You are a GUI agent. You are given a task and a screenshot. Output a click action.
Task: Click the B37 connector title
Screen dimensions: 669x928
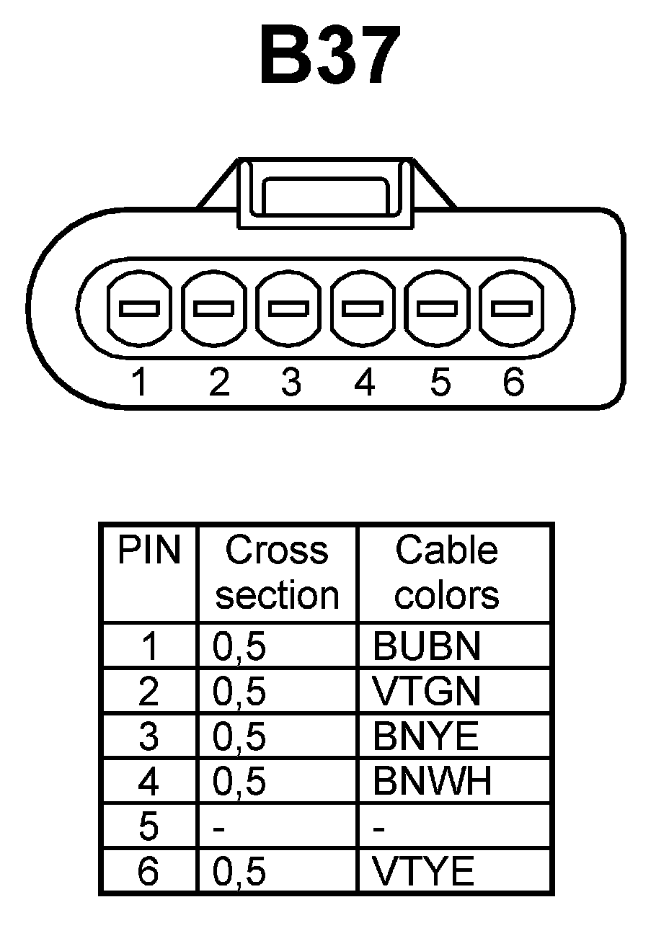pos(329,55)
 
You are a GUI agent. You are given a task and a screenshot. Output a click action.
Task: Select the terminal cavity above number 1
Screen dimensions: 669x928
pos(139,308)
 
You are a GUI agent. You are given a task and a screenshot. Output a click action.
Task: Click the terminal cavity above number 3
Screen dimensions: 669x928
pos(289,308)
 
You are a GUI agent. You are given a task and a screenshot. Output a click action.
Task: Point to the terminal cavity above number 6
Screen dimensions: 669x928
pos(512,308)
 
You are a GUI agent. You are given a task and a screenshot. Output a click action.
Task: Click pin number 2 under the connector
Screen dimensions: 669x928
pos(218,382)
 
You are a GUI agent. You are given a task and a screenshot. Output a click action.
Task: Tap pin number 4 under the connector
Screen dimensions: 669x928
pos(365,382)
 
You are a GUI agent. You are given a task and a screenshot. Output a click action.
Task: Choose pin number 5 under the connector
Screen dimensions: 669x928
pos(439,382)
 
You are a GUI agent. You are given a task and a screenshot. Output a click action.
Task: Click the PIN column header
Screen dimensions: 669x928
pos(149,551)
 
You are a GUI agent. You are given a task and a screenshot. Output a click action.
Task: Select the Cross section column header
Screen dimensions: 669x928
pos(278,574)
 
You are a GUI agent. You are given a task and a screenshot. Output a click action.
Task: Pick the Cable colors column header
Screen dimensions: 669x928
pos(447,574)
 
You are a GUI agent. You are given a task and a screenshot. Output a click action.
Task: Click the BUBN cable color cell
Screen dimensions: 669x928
pos(426,647)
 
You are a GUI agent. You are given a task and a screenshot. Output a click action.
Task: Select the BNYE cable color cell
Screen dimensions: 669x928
pos(425,737)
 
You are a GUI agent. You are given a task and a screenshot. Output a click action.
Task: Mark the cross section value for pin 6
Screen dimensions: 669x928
pos(239,873)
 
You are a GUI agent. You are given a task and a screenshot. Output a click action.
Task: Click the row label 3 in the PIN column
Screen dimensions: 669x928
pos(148,737)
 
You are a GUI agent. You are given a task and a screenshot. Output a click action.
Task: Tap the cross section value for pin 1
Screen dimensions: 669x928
pos(239,647)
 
